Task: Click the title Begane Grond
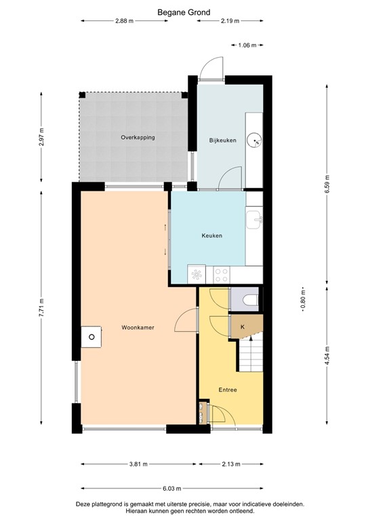pyautogui.click(x=184, y=12)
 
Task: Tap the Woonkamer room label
pyautogui.click(x=138, y=328)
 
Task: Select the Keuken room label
pyautogui.click(x=212, y=236)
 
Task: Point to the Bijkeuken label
pyautogui.click(x=222, y=140)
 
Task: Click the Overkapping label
pyautogui.click(x=138, y=137)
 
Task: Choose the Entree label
pyautogui.click(x=228, y=389)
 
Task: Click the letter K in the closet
pyautogui.click(x=242, y=327)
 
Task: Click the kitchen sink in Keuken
pyautogui.click(x=255, y=218)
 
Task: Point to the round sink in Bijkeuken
pyautogui.click(x=255, y=140)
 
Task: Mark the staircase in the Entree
pyautogui.click(x=249, y=355)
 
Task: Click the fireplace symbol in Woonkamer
pyautogui.click(x=91, y=336)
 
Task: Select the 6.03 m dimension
pyautogui.click(x=171, y=488)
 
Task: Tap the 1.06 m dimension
pyautogui.click(x=248, y=45)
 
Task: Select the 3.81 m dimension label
pyautogui.click(x=139, y=464)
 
